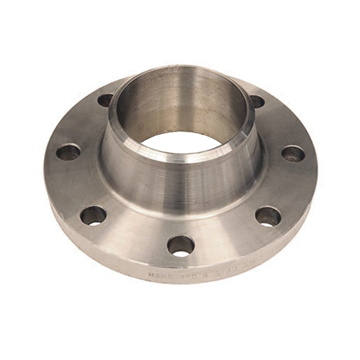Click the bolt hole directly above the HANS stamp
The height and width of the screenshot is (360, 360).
[x=181, y=246]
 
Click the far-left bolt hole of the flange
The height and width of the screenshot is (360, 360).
[x=68, y=152]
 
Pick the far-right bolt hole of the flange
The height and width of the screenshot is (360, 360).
[x=293, y=154]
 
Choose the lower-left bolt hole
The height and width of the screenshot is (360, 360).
[x=93, y=215]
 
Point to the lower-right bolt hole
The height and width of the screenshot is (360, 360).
[x=268, y=216]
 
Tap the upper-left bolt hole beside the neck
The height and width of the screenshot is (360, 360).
[x=105, y=100]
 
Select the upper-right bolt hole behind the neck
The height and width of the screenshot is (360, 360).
[x=257, y=102]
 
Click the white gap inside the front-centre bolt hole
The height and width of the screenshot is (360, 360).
[x=181, y=253]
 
